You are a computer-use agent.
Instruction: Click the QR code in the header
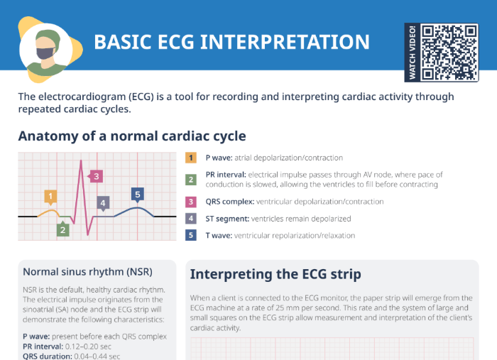[x=450, y=52]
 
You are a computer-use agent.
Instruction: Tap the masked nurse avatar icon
[x=47, y=48]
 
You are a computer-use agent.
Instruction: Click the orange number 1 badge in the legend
[x=191, y=158]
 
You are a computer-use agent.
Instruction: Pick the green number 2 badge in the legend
[x=191, y=179]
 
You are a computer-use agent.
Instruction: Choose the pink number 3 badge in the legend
[x=191, y=201]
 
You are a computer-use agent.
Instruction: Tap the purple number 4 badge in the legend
[x=191, y=219]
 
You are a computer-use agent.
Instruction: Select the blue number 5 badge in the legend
[x=191, y=235]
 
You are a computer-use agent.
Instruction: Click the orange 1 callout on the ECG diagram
[x=50, y=196]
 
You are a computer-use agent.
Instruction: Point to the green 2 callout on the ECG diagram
[x=63, y=229]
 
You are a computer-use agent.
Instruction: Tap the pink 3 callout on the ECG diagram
[x=96, y=175]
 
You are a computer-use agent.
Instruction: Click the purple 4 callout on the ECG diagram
[x=103, y=203]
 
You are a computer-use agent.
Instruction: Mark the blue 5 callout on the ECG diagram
[x=138, y=194]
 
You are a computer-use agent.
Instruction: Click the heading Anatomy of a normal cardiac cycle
[x=132, y=136]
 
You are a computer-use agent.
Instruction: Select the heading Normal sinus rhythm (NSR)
[x=87, y=271]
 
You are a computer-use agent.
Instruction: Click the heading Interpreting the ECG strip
[x=275, y=274]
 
